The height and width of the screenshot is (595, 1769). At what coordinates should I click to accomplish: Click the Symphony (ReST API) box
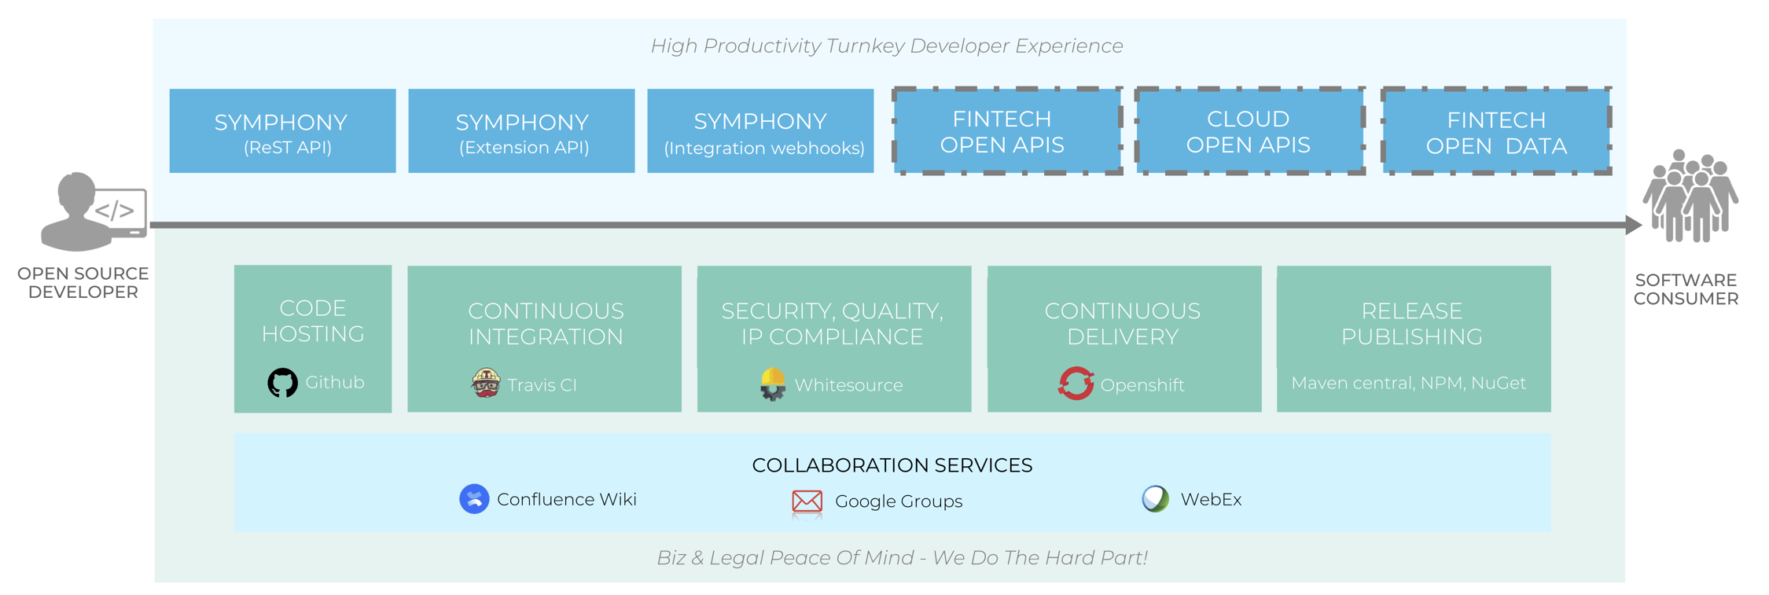pos(282,130)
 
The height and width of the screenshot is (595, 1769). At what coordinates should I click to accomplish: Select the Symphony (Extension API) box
pos(521,130)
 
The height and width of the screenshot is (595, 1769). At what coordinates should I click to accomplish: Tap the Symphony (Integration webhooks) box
pos(760,130)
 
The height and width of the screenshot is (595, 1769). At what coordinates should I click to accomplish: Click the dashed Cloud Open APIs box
pos(1249,131)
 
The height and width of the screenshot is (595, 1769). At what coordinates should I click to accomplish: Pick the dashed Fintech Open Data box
pos(1496,131)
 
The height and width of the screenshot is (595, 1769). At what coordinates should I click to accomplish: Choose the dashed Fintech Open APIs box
pos(1006,131)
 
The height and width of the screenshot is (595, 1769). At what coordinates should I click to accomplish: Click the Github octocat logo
pos(282,383)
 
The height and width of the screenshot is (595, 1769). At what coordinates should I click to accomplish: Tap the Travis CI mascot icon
pos(486,383)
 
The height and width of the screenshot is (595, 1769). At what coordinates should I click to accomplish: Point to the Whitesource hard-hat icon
pos(773,384)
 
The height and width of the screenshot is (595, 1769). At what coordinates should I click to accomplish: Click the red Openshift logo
pos(1076,384)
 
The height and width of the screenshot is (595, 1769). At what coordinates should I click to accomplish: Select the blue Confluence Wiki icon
pos(474,499)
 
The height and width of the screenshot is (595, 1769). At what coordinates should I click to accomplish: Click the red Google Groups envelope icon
pos(807,501)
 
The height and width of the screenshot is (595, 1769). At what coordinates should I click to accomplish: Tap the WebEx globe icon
pos(1155,499)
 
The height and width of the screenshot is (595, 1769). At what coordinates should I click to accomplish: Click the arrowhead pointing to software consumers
pos(1633,226)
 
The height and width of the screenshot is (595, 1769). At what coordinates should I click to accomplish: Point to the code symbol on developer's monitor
pos(115,211)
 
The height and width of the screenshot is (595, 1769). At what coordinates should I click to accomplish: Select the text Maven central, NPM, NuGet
pos(1408,383)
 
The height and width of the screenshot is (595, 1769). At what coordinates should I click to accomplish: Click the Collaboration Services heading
pos(892,465)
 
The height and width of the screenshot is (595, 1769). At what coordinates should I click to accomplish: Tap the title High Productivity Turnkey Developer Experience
pos(886,46)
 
